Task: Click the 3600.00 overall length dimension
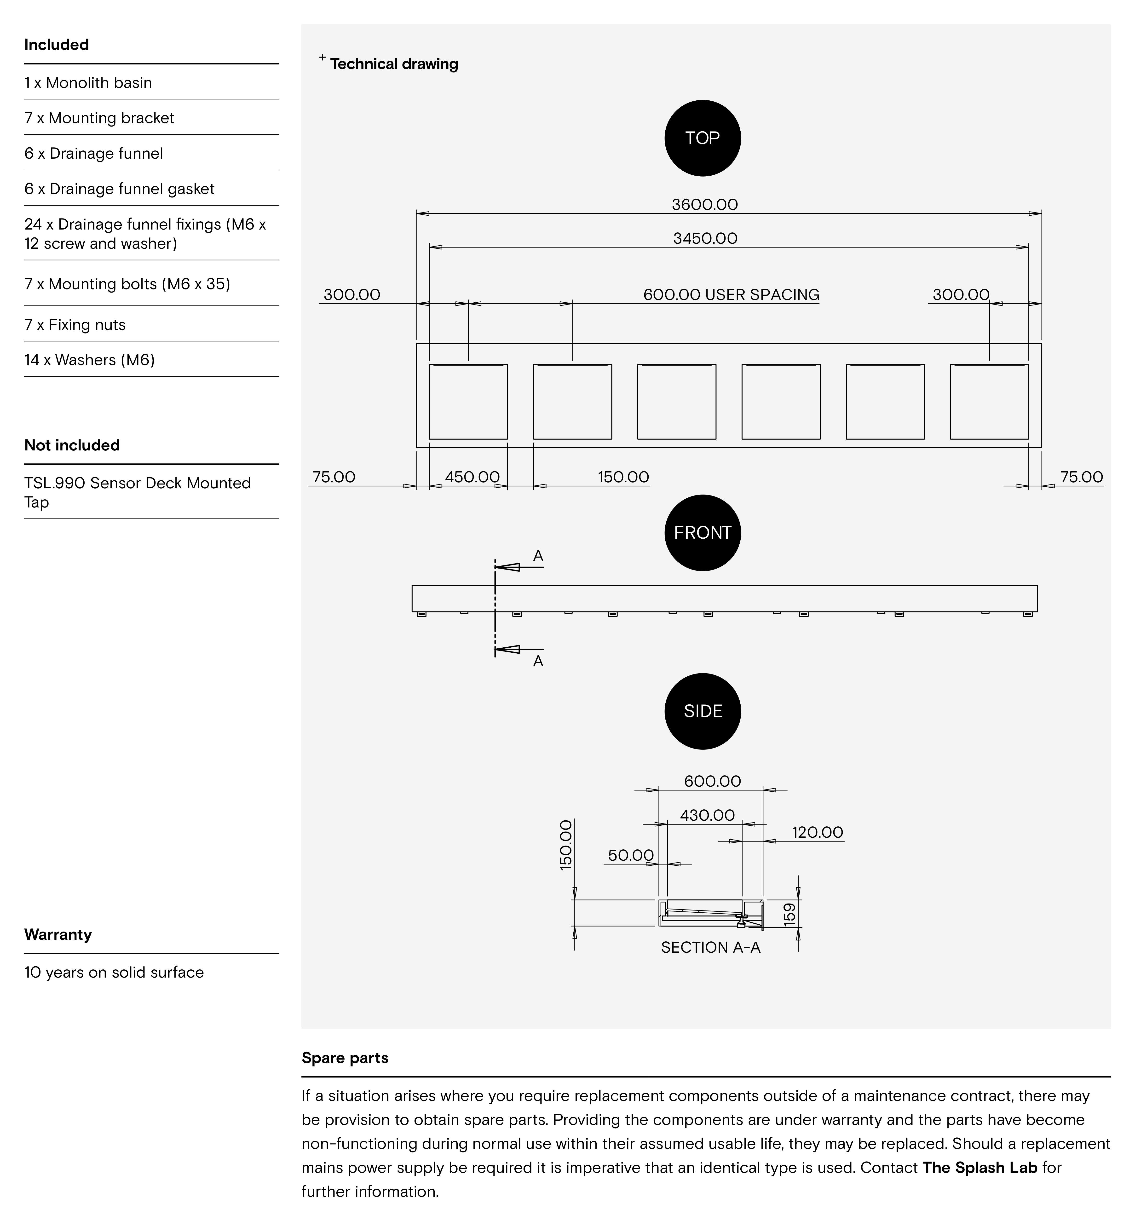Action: [x=704, y=205]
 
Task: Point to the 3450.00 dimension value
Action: [x=705, y=238]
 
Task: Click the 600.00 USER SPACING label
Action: [x=731, y=295]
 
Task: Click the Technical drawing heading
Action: [x=394, y=64]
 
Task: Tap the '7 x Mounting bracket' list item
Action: [x=99, y=118]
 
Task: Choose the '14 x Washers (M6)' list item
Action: [x=90, y=360]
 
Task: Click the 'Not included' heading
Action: [x=72, y=445]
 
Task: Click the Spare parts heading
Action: [x=345, y=1058]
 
